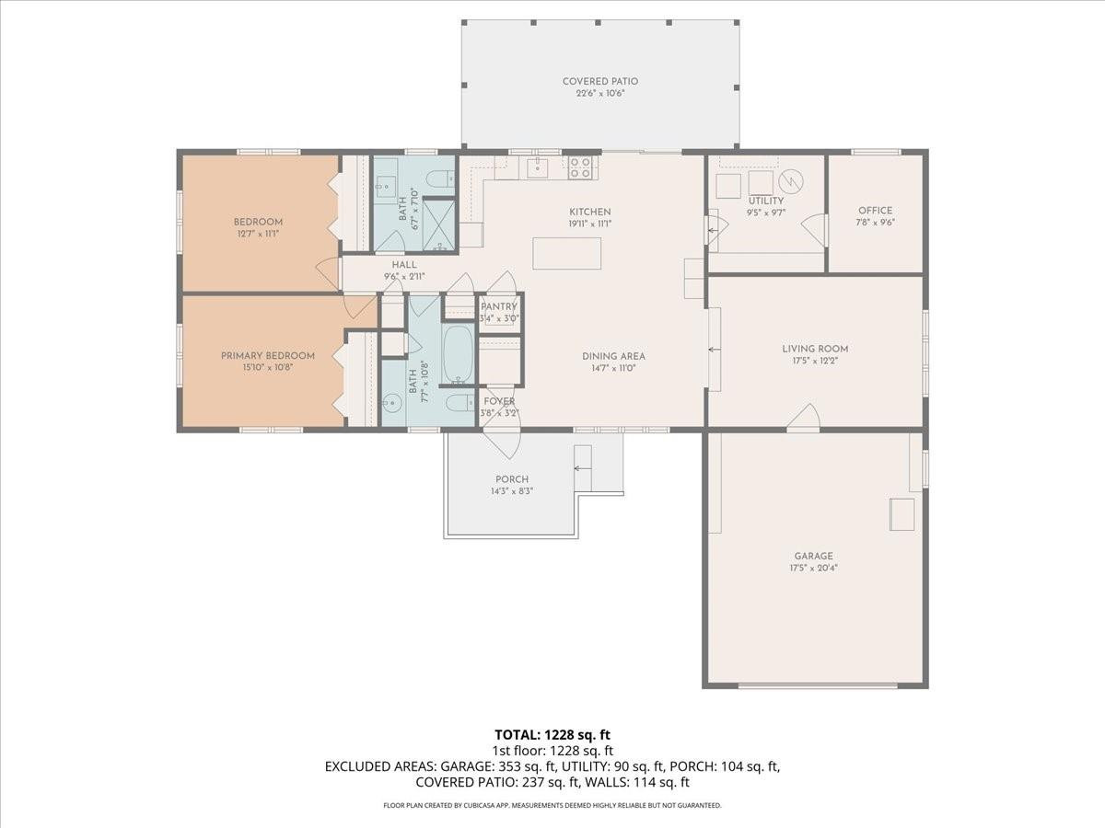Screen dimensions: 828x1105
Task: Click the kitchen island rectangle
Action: pyautogui.click(x=566, y=253)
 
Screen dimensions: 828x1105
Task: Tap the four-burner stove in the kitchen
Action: pyautogui.click(x=580, y=167)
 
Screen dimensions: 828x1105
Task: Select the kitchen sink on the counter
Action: pyautogui.click(x=537, y=167)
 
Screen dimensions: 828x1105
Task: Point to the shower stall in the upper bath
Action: pyautogui.click(x=439, y=224)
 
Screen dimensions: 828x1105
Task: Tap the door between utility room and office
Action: pyautogui.click(x=815, y=230)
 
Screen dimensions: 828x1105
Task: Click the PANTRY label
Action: pyautogui.click(x=499, y=306)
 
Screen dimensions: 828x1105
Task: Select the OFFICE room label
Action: pyautogui.click(x=875, y=211)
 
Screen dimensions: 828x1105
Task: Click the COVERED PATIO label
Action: pyautogui.click(x=600, y=81)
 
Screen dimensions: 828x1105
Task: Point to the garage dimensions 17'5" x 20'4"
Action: pyautogui.click(x=814, y=568)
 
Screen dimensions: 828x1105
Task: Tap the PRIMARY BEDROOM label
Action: pyautogui.click(x=267, y=355)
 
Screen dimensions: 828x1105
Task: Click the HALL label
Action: pyautogui.click(x=404, y=264)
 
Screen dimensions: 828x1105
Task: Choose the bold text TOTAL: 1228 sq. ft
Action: pyautogui.click(x=552, y=734)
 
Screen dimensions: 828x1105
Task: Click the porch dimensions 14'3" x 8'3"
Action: pyautogui.click(x=512, y=491)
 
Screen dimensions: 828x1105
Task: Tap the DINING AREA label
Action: pyautogui.click(x=613, y=356)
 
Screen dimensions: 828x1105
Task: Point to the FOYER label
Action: pyautogui.click(x=499, y=401)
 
